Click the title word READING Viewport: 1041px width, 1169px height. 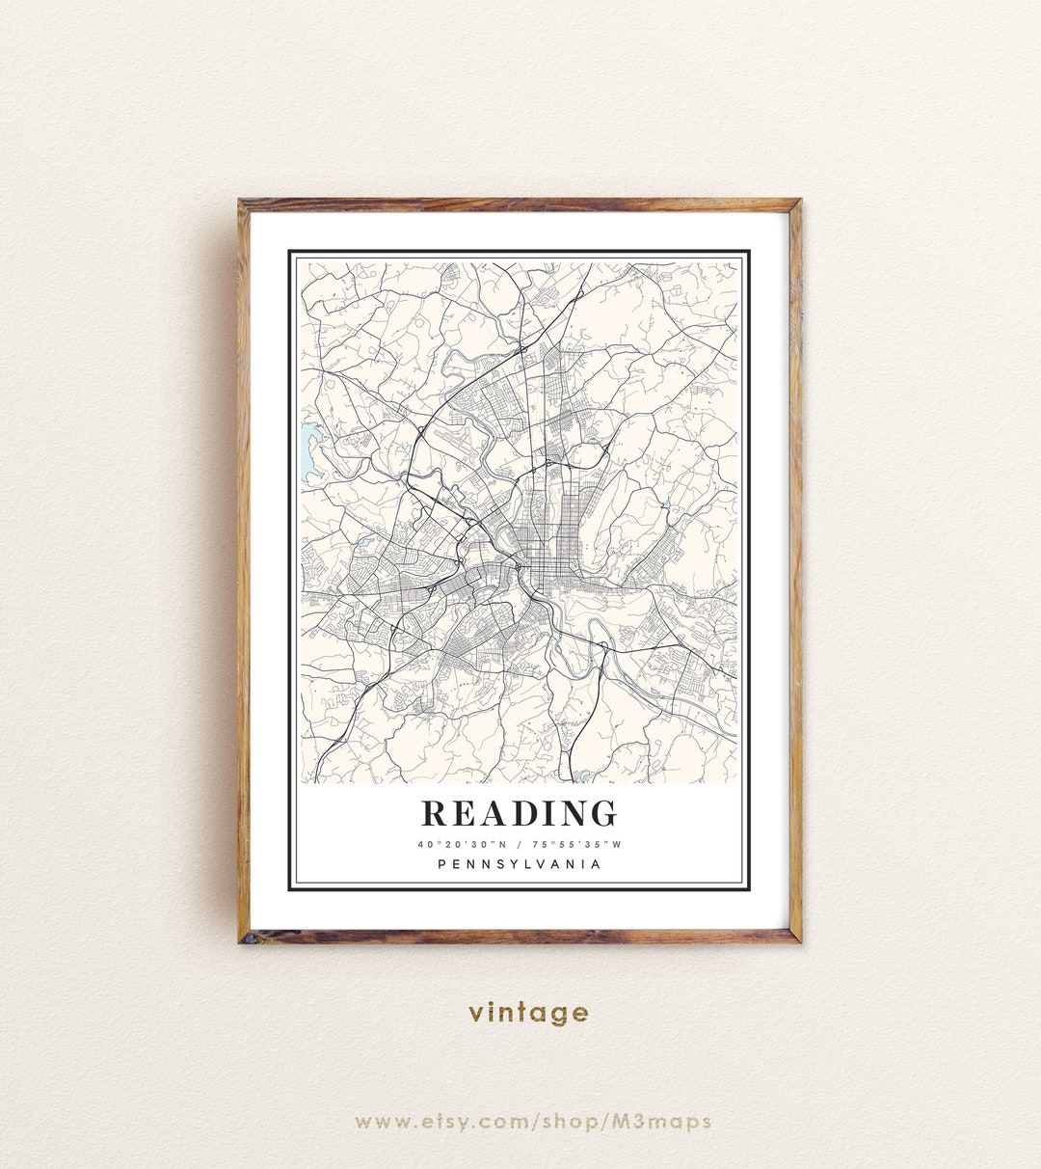(x=520, y=814)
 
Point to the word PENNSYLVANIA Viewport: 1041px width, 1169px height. (x=520, y=864)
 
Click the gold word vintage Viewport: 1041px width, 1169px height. (x=528, y=1013)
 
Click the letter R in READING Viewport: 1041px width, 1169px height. (x=435, y=814)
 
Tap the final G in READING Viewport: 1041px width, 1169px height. (x=602, y=814)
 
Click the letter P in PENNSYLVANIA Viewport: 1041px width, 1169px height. (x=442, y=864)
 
